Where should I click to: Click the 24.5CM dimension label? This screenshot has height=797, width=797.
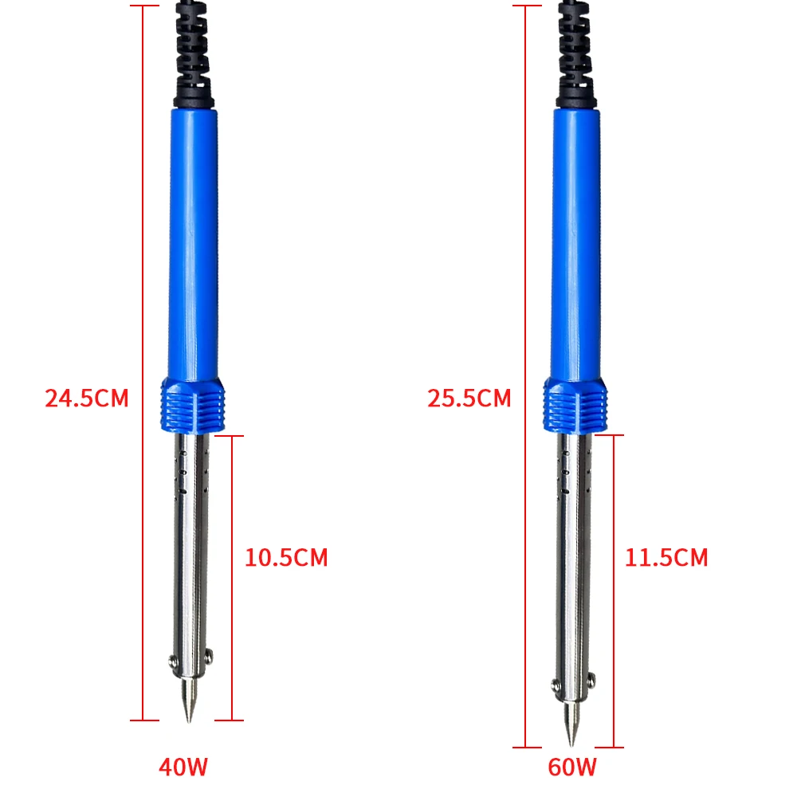[x=87, y=398]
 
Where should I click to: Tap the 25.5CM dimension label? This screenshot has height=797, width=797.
[x=469, y=398]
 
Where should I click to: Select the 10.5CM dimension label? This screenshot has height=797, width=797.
[x=286, y=558]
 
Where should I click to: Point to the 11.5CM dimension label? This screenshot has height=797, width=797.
[x=666, y=558]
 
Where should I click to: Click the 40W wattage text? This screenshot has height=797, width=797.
[x=183, y=767]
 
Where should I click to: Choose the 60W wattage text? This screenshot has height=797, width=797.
[x=572, y=767]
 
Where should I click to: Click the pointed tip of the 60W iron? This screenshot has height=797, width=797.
[x=571, y=745]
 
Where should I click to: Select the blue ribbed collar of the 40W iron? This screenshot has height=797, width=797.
[x=193, y=406]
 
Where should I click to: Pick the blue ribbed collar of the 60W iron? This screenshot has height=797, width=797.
[x=575, y=406]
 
